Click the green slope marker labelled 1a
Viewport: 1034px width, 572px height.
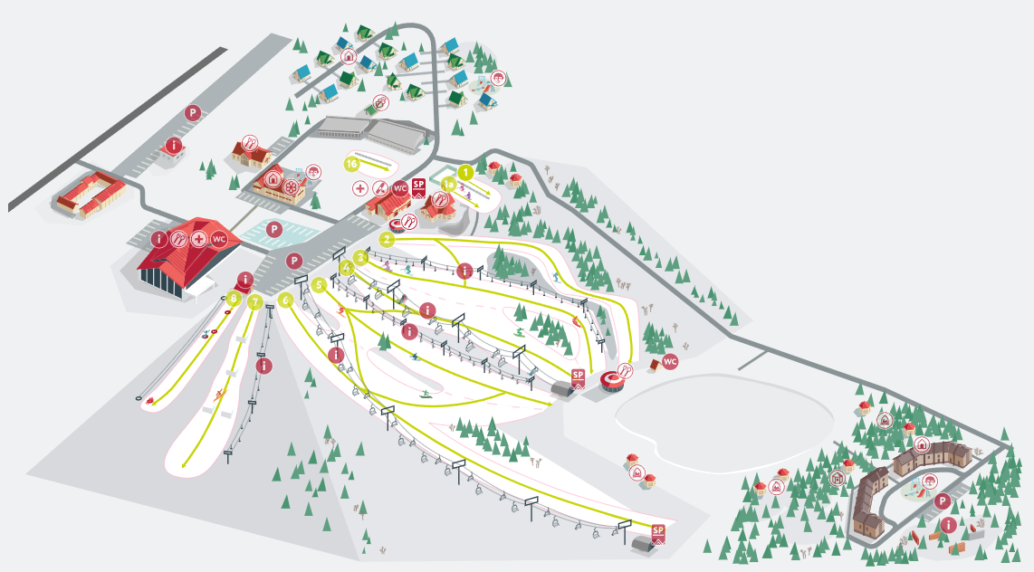pos(449,184)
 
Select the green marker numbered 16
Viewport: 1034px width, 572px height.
pos(352,164)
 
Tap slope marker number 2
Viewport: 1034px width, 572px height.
pos(387,240)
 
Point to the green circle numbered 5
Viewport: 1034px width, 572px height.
pos(319,284)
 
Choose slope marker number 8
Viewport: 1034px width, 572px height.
pos(234,297)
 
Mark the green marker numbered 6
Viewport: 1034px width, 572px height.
pos(286,300)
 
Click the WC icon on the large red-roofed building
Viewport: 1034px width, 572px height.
pos(218,239)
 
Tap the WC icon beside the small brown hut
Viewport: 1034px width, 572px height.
pos(670,362)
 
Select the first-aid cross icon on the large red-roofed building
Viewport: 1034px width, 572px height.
pos(198,239)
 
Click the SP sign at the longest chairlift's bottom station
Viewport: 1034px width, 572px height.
pos(658,532)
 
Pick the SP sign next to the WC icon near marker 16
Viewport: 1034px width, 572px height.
pos(418,187)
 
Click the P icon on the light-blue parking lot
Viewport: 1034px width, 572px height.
pos(274,230)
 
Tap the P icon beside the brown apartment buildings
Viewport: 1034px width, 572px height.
pos(943,501)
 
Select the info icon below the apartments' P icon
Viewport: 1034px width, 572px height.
pos(948,525)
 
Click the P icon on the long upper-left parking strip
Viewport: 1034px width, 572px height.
pos(192,113)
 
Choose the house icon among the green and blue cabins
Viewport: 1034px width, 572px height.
pos(348,56)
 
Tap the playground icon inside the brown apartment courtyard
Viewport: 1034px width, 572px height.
pos(924,481)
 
